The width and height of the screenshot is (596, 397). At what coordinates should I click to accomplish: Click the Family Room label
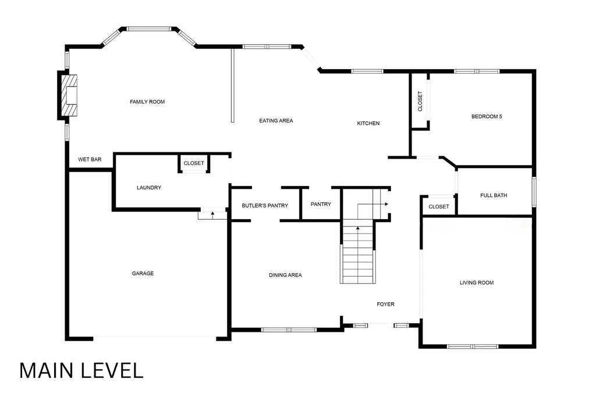(147, 102)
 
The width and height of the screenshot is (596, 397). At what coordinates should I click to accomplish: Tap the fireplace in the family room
(69, 95)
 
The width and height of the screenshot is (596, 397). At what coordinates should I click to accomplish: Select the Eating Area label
(276, 121)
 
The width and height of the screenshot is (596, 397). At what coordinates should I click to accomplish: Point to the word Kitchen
(368, 123)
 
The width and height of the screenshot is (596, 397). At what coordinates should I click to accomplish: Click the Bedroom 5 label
(487, 116)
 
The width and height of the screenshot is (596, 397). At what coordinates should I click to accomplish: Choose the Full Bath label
(494, 195)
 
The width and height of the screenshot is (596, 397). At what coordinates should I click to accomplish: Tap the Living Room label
(477, 282)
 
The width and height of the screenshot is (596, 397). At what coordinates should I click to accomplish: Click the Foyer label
(385, 304)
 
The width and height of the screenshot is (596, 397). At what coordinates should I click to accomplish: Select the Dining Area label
(285, 275)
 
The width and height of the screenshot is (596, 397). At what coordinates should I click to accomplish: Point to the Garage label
(143, 273)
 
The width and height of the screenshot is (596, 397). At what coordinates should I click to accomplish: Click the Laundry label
(149, 188)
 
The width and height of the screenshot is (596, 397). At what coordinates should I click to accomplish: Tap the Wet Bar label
(90, 159)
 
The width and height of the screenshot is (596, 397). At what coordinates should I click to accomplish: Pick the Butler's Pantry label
(265, 206)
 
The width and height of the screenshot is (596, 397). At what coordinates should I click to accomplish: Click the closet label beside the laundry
(194, 163)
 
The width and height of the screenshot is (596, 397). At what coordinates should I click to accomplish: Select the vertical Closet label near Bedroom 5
(420, 101)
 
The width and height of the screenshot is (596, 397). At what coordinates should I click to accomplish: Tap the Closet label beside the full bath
(439, 206)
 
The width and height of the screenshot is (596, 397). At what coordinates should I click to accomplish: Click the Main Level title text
(81, 370)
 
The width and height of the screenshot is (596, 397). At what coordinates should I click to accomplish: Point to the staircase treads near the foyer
(358, 254)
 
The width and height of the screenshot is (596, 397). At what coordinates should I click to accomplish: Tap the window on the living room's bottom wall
(473, 346)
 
